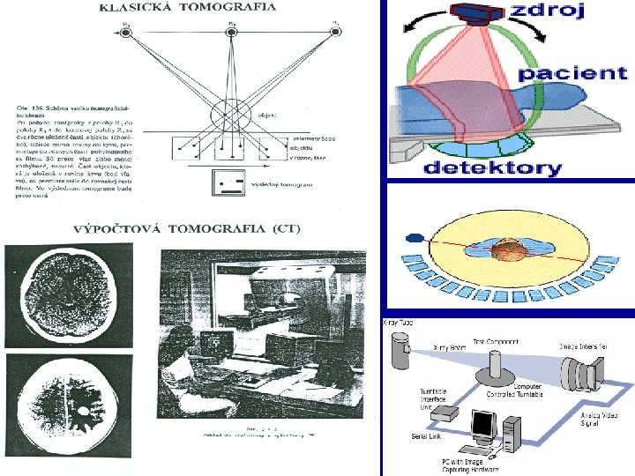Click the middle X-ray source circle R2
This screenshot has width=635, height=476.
(231, 33)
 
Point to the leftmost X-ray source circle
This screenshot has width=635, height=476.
(126, 33)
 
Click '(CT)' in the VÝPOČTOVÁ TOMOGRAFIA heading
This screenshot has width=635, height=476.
(284, 228)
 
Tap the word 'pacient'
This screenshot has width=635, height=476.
(573, 73)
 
